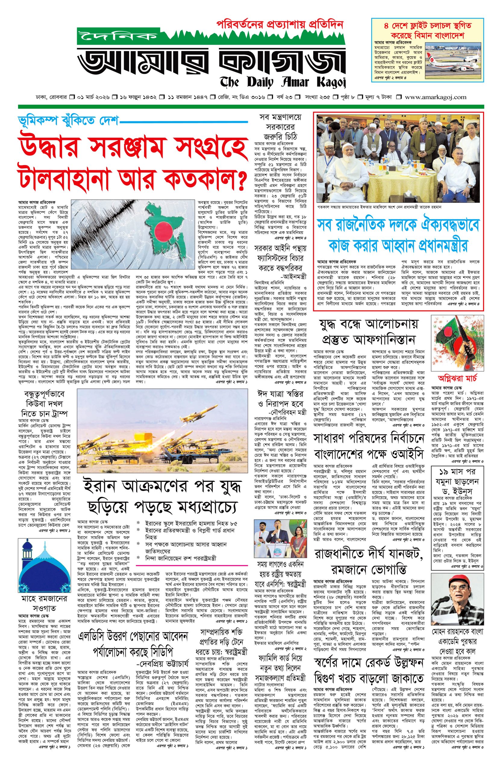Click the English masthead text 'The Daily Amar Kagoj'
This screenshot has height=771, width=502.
click(282, 80)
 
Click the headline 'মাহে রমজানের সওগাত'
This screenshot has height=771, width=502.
click(39, 541)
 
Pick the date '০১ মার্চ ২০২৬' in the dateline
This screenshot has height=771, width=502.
click(92, 97)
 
